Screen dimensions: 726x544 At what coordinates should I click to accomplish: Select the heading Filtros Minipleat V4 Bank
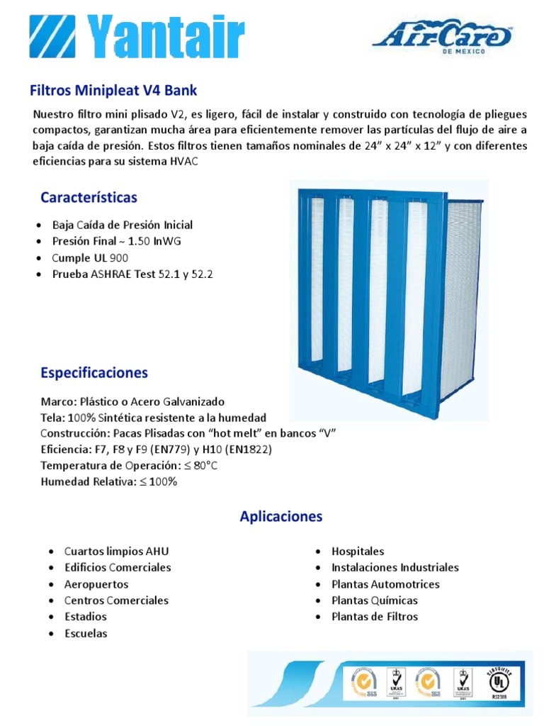(x=113, y=91)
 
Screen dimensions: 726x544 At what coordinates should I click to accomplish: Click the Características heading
(x=89, y=197)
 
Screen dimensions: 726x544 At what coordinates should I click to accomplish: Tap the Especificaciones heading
(x=94, y=372)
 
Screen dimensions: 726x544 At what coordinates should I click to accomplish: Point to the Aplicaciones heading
(x=280, y=516)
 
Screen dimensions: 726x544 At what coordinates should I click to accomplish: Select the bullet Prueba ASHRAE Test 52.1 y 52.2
(x=132, y=274)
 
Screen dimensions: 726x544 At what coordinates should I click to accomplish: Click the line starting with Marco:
(x=132, y=401)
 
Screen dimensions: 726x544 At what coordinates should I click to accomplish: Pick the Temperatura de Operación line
(x=129, y=466)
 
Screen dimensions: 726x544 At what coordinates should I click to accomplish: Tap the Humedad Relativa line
(x=108, y=482)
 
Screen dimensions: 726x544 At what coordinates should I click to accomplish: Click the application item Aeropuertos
(x=96, y=584)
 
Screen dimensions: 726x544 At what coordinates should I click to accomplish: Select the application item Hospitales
(x=358, y=551)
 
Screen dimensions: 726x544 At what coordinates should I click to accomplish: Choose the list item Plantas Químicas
(x=373, y=601)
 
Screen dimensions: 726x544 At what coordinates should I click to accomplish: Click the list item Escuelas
(x=86, y=633)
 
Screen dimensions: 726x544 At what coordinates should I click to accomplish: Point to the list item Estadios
(x=85, y=617)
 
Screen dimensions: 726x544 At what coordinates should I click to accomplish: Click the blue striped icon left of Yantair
(x=54, y=37)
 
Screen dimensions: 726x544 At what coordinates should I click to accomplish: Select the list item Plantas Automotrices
(x=385, y=584)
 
